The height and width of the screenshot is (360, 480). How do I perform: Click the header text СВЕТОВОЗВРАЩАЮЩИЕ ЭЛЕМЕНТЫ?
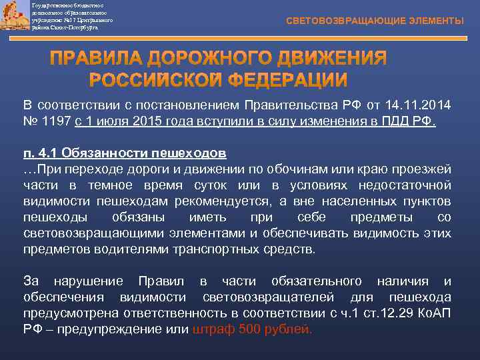[375, 21]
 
